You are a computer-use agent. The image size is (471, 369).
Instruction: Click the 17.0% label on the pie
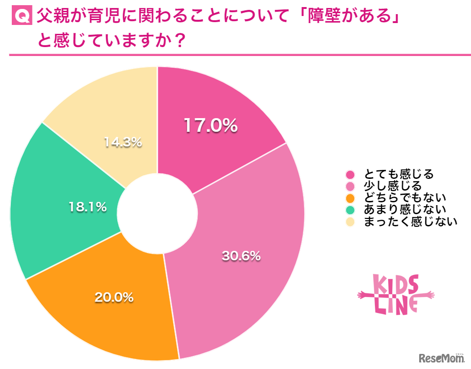(x=210, y=126)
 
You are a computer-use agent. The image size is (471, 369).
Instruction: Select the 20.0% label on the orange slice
(x=114, y=297)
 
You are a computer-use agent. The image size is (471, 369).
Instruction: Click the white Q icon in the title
(x=21, y=17)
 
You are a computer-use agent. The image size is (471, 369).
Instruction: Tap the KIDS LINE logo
(x=396, y=295)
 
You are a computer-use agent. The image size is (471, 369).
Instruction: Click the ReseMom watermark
(x=442, y=358)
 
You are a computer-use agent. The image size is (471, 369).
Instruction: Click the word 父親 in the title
(x=54, y=17)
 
